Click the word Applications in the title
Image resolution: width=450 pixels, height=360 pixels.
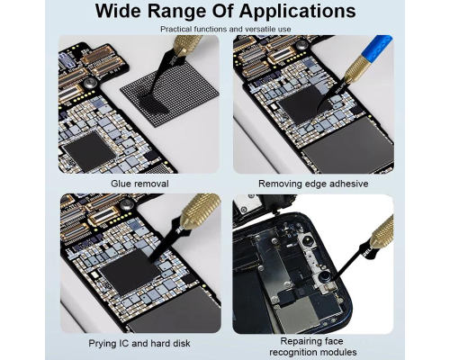298,12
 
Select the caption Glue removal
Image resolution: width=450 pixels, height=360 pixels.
139,184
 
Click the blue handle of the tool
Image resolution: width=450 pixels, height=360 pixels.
377,47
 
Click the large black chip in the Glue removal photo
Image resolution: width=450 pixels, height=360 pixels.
90,151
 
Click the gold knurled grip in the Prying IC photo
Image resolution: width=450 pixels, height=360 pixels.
200,211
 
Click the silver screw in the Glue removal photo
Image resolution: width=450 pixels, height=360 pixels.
90,83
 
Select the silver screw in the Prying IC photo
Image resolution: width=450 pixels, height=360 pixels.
127,205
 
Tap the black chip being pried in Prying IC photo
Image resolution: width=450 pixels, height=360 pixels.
130,273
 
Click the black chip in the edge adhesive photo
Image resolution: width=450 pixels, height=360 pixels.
301,105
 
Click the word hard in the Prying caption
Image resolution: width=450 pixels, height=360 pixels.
161,343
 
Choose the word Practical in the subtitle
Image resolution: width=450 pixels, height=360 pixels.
175,29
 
